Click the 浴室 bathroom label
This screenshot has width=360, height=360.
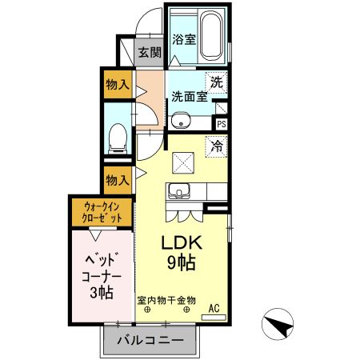[x=183, y=39]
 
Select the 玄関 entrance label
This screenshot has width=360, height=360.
[x=150, y=54]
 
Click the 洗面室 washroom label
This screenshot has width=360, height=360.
[x=189, y=97]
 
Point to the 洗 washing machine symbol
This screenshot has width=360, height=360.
[x=217, y=81]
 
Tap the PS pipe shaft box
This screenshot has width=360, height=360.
[x=222, y=124]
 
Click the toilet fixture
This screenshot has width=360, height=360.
[x=117, y=138]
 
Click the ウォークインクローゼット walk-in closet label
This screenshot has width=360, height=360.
[x=100, y=213]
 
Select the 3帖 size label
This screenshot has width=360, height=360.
[x=102, y=292]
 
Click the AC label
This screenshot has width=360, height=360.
[x=214, y=306]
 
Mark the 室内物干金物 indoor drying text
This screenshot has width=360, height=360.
[x=166, y=300]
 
